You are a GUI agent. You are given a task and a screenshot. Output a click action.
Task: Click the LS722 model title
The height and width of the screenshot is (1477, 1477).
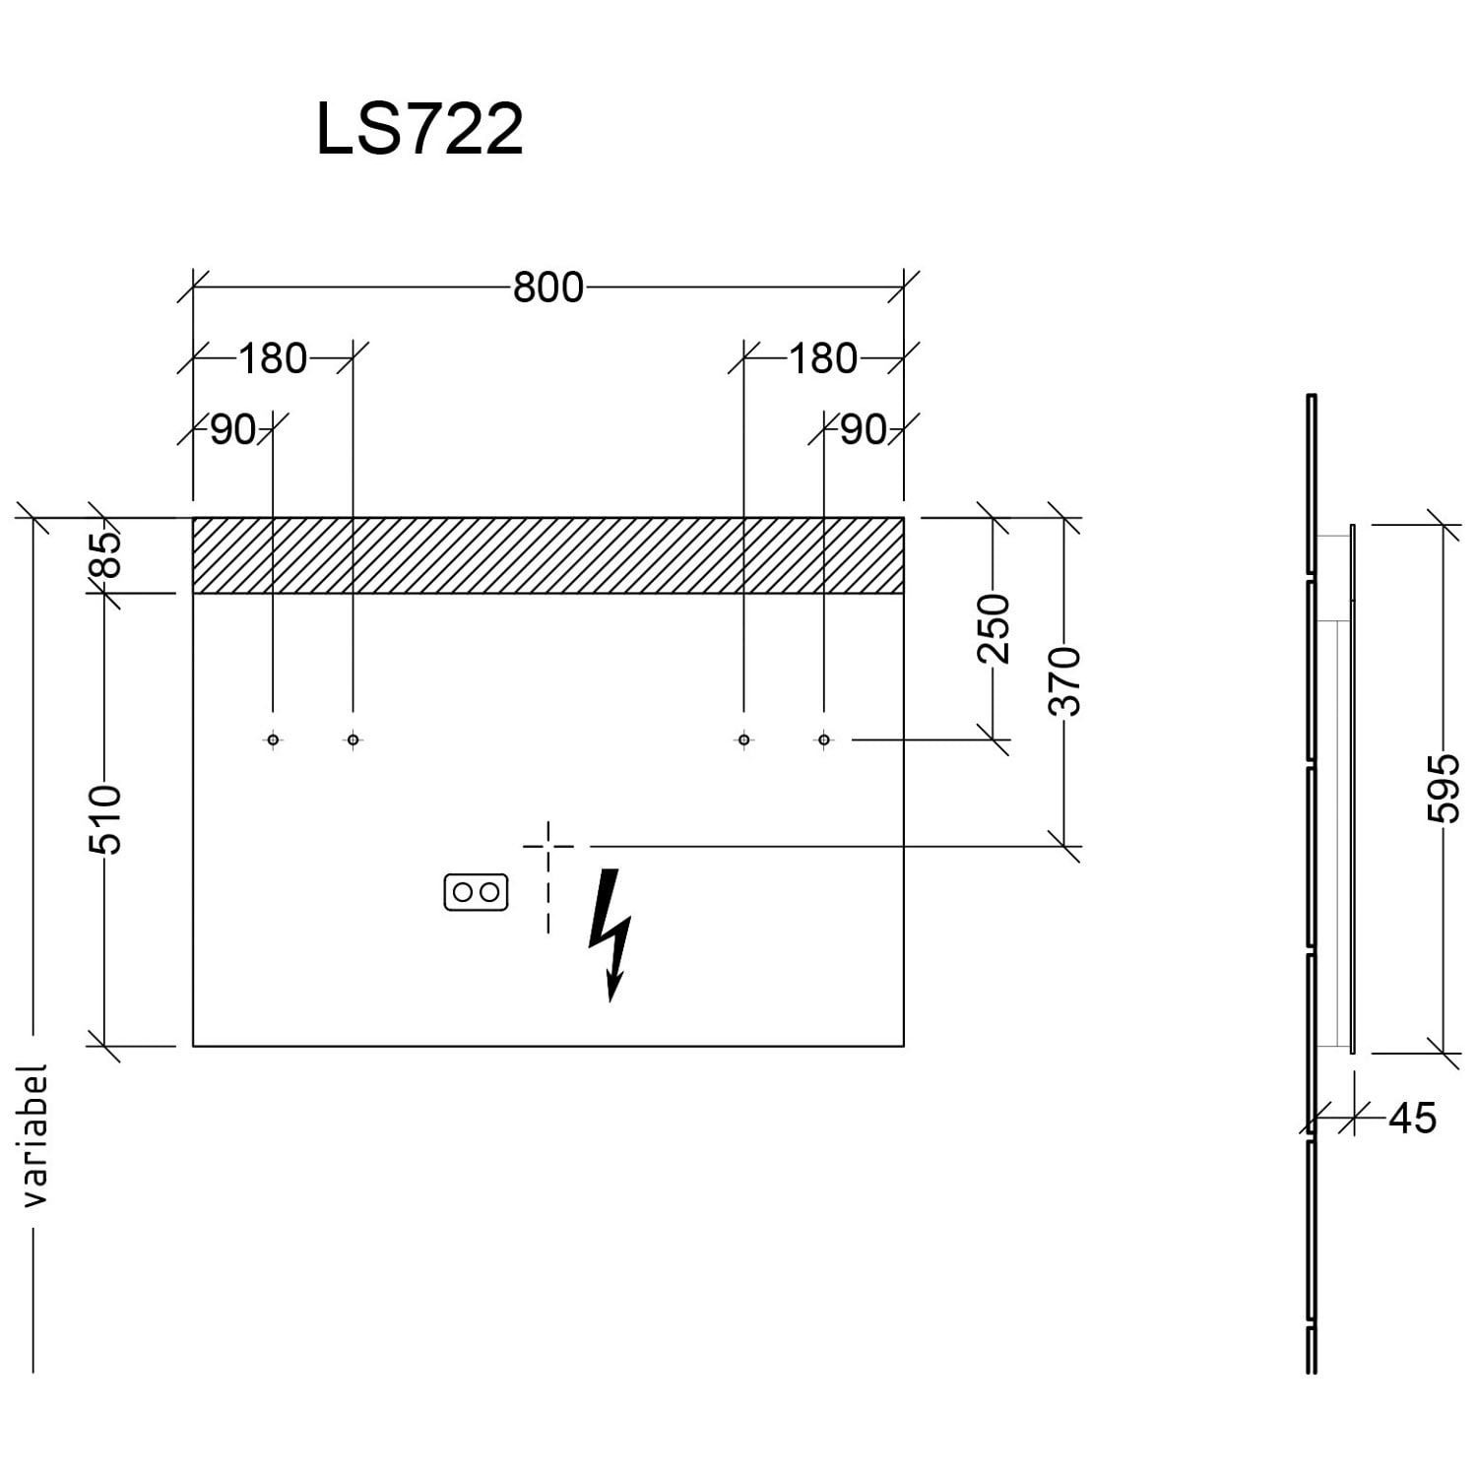click(x=419, y=130)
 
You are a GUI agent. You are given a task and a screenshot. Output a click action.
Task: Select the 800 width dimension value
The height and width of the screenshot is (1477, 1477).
click(x=547, y=288)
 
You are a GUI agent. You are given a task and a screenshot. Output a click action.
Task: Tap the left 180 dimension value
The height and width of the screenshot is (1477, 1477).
click(x=273, y=358)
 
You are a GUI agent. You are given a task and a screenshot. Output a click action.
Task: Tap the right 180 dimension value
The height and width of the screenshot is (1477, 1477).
click(x=822, y=358)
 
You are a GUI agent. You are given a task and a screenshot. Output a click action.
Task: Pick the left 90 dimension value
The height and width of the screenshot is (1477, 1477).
click(x=233, y=430)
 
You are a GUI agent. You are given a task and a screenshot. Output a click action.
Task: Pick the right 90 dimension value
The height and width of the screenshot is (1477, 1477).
click(x=864, y=430)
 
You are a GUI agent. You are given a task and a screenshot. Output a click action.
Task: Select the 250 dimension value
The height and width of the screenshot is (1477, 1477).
click(x=995, y=628)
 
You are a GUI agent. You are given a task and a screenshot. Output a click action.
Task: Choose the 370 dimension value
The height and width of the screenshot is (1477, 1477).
click(x=1065, y=681)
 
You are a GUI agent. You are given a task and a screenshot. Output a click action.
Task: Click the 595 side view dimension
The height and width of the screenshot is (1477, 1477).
click(x=1444, y=788)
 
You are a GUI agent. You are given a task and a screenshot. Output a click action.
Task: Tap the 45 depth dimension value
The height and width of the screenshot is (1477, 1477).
click(x=1412, y=1119)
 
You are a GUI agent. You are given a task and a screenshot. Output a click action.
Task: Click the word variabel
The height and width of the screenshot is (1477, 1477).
click(x=34, y=1134)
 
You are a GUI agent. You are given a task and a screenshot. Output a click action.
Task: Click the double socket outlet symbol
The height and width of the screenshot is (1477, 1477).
click(x=476, y=892)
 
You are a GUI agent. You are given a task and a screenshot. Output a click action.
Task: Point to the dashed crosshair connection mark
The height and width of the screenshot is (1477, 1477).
click(x=548, y=846)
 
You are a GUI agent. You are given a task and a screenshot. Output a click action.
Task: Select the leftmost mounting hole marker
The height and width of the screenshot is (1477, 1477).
click(x=273, y=739)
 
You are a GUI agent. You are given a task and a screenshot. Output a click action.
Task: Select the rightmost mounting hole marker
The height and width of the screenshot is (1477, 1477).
click(x=824, y=739)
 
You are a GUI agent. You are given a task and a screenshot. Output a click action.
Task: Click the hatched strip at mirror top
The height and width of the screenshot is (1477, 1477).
click(x=547, y=555)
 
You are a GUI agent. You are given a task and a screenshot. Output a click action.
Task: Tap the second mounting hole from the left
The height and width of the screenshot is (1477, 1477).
click(x=353, y=739)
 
